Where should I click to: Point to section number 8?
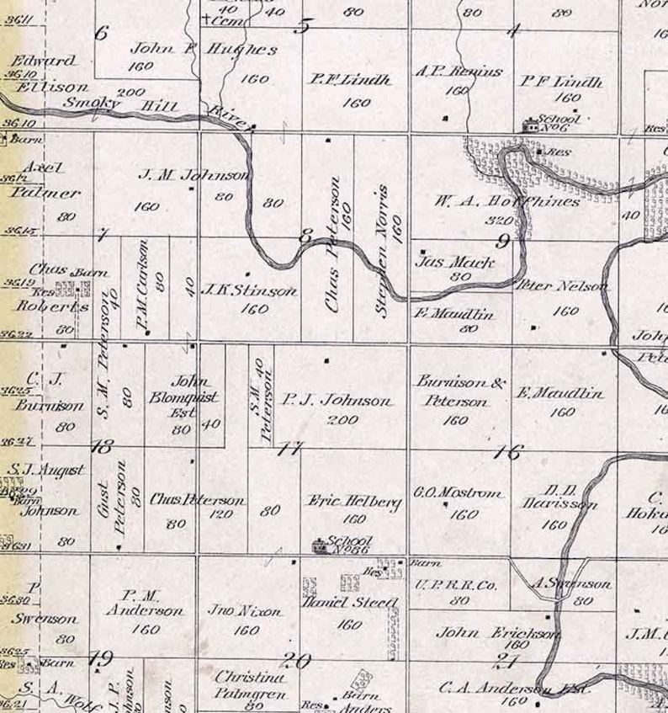pyautogui.click(x=305, y=237)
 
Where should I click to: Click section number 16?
pyautogui.click(x=506, y=452)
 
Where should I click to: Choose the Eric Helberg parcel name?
pyautogui.click(x=353, y=502)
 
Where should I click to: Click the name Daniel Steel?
pyautogui.click(x=350, y=603)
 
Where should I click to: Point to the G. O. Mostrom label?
pyautogui.click(x=459, y=492)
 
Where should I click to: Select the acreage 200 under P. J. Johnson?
pyautogui.click(x=343, y=420)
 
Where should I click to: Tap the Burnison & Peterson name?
pyautogui.click(x=460, y=391)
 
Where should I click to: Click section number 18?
pyautogui.click(x=101, y=447)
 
